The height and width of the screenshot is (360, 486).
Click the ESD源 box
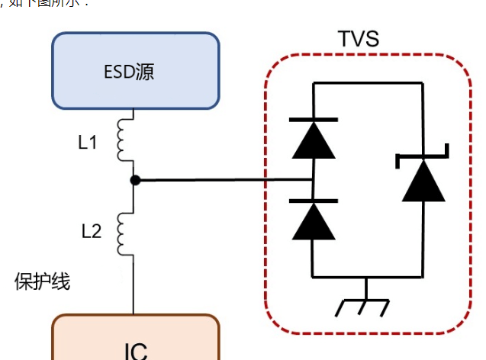click(135, 72)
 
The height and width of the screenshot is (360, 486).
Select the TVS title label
click(358, 39)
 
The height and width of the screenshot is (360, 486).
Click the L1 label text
click(88, 142)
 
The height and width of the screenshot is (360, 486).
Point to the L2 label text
click(91, 231)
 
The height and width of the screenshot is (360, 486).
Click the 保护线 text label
click(43, 281)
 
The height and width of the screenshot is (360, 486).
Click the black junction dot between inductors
click(134, 180)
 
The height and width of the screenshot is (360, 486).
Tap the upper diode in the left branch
click(313, 140)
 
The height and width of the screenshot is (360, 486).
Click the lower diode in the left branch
click(313, 220)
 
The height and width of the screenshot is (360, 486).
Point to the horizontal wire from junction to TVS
click(221, 181)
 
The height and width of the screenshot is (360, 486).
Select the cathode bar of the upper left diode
click(313, 120)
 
